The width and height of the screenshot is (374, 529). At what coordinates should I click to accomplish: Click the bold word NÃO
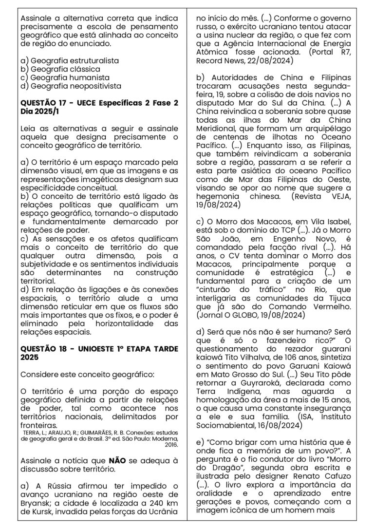pyautogui.click(x=117, y=460)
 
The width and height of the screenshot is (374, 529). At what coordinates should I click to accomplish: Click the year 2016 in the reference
pyautogui.click(x=170, y=444)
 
